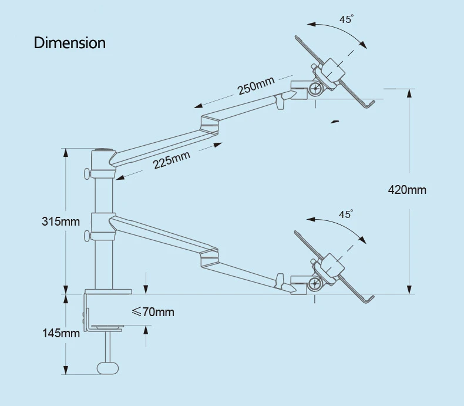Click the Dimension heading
coord(70,43)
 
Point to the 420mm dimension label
coord(407,190)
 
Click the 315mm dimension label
coord(60,222)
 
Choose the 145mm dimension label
coord(60,333)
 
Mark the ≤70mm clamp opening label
coord(153,312)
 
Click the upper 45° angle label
coord(347,19)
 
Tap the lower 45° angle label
coord(347,214)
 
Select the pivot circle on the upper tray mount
coord(316,89)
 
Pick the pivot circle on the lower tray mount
coord(316,284)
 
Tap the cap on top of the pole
coord(103,150)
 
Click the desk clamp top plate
coord(108,291)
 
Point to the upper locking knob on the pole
coord(87,174)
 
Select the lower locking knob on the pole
coord(87,236)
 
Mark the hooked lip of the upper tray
coord(370,105)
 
